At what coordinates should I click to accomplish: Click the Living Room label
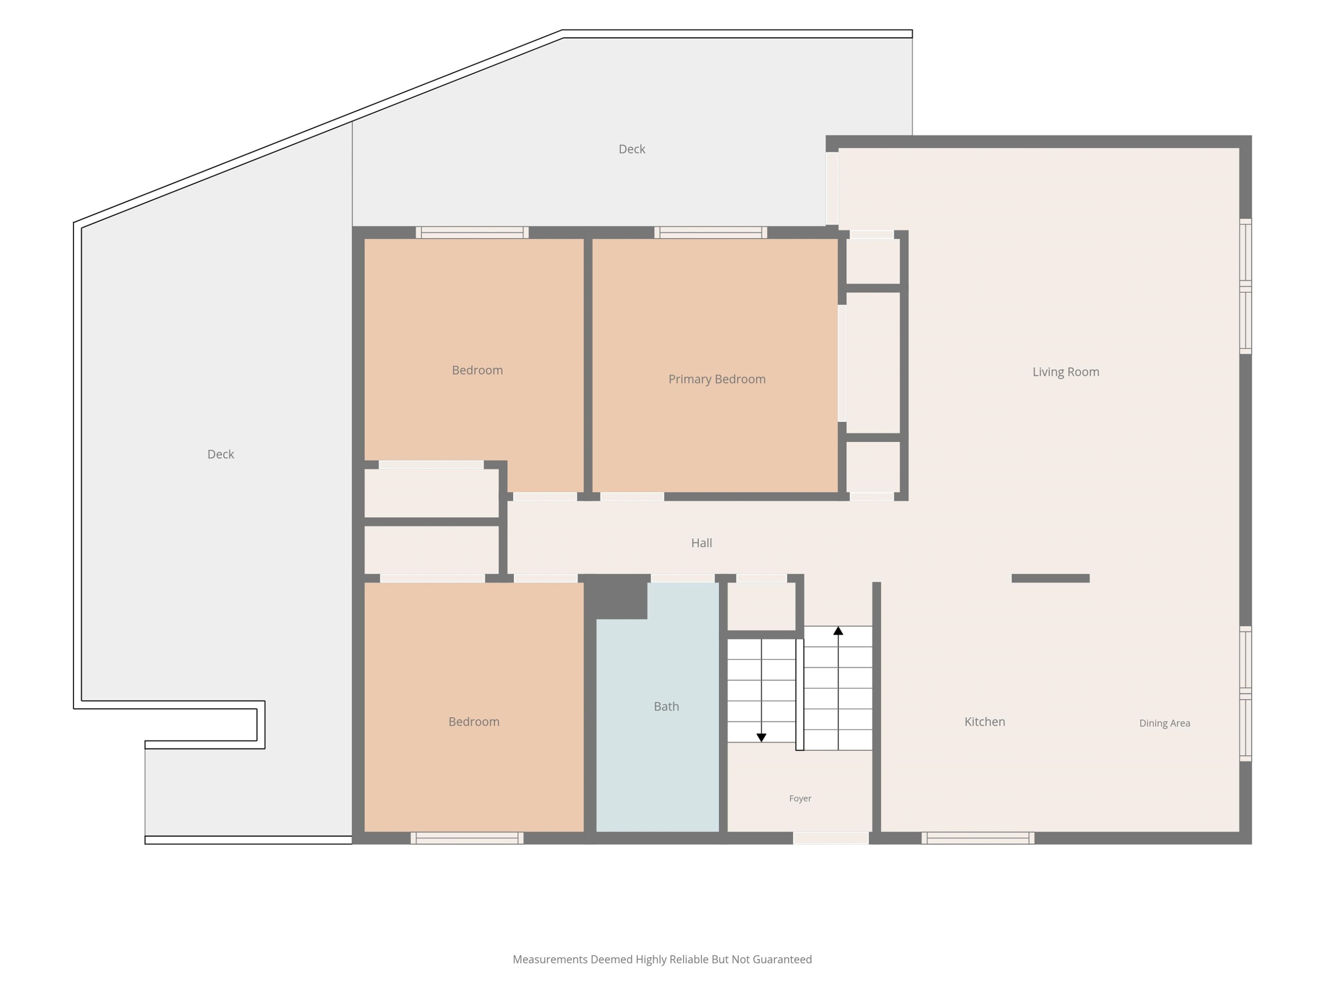pos(1066,372)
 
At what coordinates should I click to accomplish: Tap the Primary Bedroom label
pos(717,379)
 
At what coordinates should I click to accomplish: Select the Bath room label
pos(666,706)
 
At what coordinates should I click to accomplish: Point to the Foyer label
pos(800,798)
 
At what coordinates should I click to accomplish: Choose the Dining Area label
pos(1165,723)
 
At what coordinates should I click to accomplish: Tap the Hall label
pos(701,543)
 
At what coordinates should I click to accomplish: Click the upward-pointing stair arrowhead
pos(838,630)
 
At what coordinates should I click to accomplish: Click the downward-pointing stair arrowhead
pos(761,738)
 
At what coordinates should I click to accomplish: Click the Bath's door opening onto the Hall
pos(682,578)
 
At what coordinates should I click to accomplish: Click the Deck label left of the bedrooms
pos(220,454)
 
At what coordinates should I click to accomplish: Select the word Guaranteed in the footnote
pos(782,959)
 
